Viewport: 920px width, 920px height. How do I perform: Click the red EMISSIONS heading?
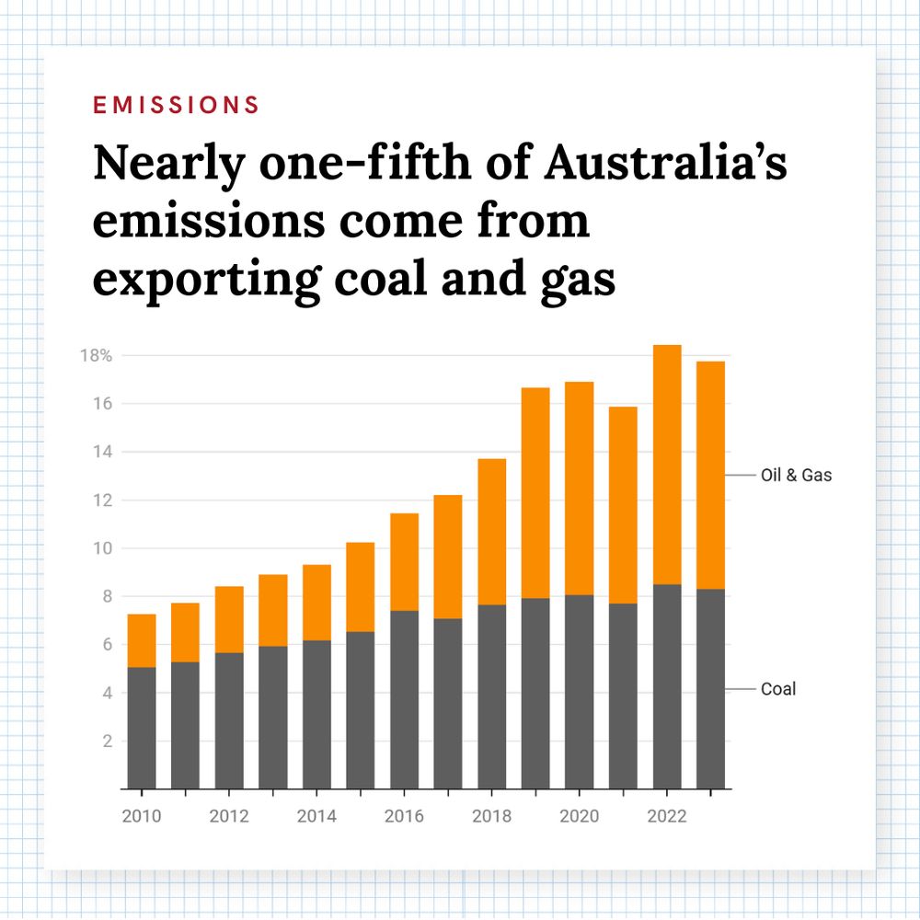[x=176, y=105]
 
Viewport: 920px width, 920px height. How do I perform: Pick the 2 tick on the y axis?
[x=107, y=742]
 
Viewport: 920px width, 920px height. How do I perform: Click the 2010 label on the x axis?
[x=141, y=816]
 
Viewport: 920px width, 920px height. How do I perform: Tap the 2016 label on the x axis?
[x=404, y=816]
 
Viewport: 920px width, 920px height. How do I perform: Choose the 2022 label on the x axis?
[x=667, y=816]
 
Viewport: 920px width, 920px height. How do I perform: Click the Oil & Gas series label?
[x=796, y=476]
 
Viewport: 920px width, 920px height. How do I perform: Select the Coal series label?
[x=778, y=689]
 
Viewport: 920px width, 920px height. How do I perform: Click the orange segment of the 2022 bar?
[x=667, y=465]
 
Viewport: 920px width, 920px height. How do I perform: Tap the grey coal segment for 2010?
[x=141, y=728]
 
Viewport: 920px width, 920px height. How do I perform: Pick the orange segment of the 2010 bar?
[x=141, y=640]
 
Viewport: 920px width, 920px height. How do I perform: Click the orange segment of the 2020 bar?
[x=579, y=489]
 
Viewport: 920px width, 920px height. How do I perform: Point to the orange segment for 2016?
[x=404, y=562]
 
